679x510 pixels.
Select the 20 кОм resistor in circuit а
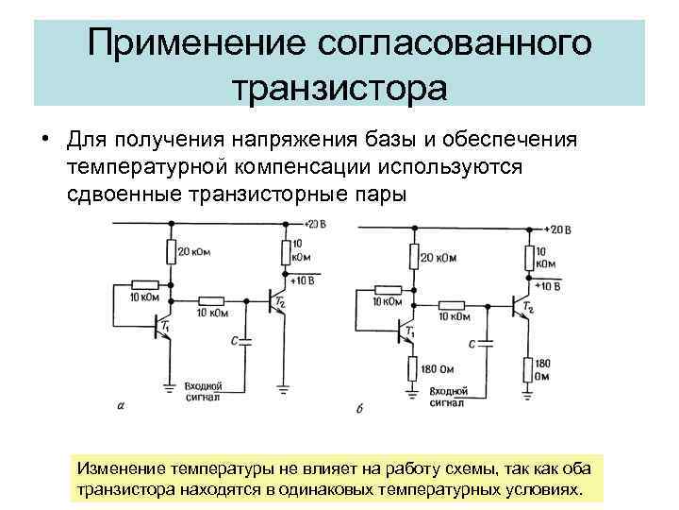[x=172, y=252]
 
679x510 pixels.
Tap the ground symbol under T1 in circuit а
[x=170, y=385]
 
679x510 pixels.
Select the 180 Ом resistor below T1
[x=412, y=369]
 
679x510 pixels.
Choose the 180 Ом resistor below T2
[x=527, y=368]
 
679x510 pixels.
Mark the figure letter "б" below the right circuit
[x=363, y=408]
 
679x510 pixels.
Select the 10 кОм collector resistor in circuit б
[x=527, y=259]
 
